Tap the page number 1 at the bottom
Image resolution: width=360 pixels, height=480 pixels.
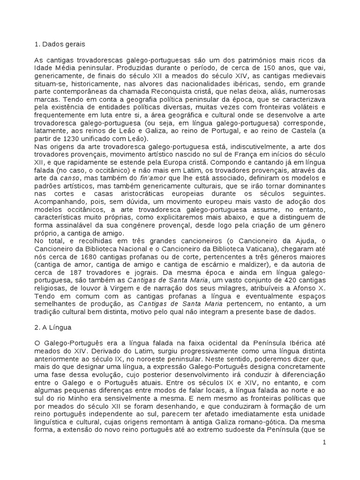(x=323, y=442)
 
